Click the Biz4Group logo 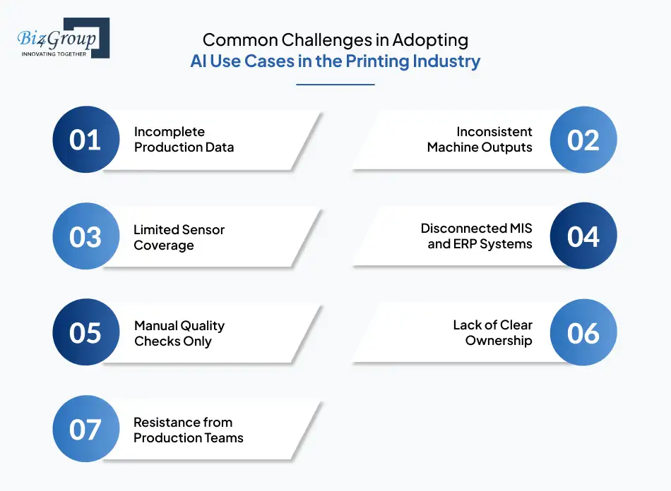point(63,38)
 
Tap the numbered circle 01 point(86,140)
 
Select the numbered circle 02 point(583,140)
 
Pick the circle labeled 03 point(86,236)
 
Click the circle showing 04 point(583,236)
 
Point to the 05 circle point(86,332)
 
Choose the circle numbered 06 point(583,332)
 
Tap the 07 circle point(86,429)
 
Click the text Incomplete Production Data point(184,140)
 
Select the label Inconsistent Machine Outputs point(480,140)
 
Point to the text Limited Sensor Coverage point(179,236)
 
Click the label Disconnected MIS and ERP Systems point(477,236)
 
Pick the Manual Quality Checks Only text point(179,333)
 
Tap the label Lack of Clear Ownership point(492,333)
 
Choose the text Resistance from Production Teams point(188,430)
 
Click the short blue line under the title point(335,85)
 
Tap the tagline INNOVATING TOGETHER point(54,54)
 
